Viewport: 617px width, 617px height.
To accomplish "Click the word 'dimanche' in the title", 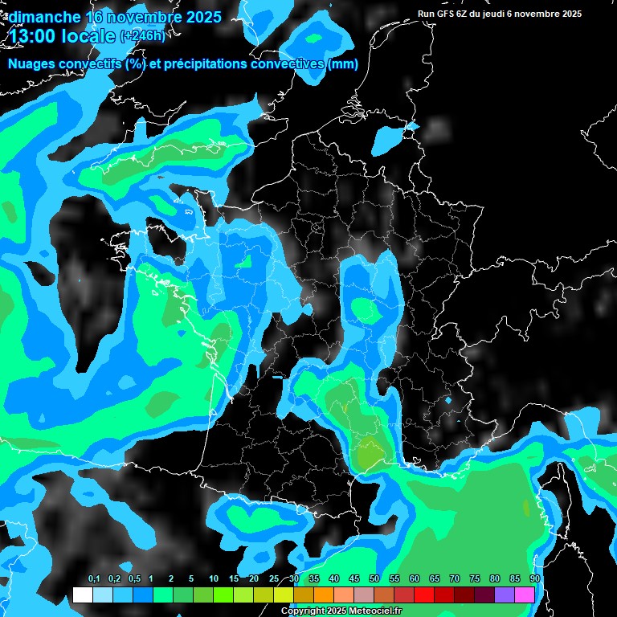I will pos(44,17).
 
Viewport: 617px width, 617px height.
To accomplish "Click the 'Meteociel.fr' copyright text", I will pos(370,611).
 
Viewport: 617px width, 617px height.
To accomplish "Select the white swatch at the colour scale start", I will pos(83,595).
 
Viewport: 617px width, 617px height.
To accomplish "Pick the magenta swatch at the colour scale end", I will pos(525,595).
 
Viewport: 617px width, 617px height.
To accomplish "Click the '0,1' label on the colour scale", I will pos(94,579).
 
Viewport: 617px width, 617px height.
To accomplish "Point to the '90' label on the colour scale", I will pos(534,579).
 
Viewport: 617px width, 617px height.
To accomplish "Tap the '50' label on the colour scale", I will pos(374,579).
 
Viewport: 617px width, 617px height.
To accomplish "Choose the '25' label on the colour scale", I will pos(274,579).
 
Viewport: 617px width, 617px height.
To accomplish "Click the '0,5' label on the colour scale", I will pos(134,579).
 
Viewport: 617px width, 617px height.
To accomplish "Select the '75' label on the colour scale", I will pos(475,579).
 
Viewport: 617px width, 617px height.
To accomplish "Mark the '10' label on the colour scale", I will pos(214,579).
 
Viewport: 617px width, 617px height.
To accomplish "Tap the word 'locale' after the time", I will pos(89,35).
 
